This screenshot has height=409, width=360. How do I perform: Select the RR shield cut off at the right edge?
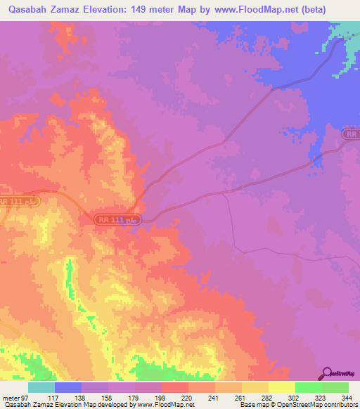pos(352,134)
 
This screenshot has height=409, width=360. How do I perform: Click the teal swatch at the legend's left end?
pos(41,387)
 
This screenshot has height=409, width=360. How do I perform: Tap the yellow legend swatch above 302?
pos(281,387)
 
